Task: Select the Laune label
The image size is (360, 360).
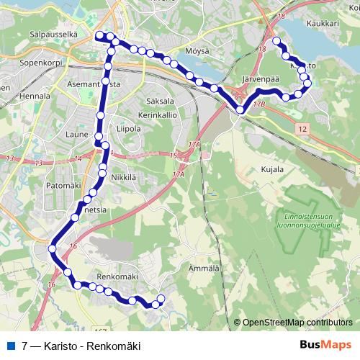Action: (x=77, y=133)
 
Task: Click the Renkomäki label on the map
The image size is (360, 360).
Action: (x=117, y=275)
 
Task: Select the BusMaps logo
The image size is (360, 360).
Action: (x=325, y=344)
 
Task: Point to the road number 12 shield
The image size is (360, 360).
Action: (x=302, y=127)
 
